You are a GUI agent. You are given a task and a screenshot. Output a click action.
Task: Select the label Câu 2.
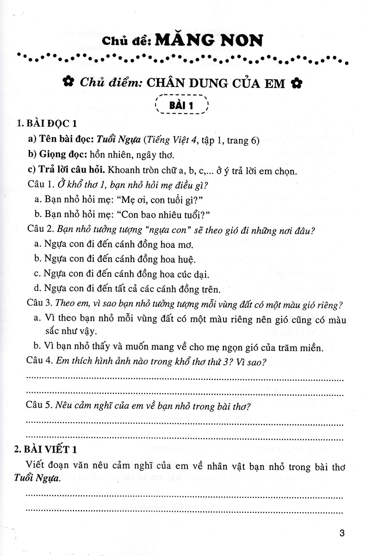[x=39, y=230]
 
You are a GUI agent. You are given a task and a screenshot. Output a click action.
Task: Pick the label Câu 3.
[x=39, y=305]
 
